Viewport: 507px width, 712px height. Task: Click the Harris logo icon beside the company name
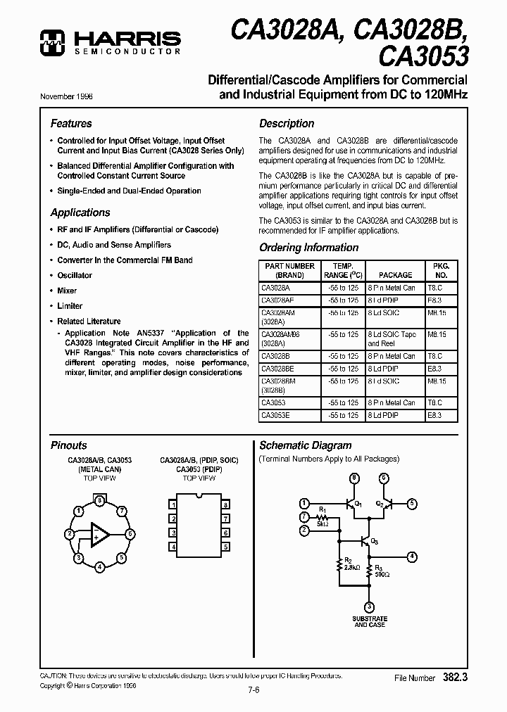click(x=51, y=43)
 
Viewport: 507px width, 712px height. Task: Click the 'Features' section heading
click(x=71, y=123)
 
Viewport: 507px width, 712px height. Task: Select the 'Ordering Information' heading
click(x=308, y=248)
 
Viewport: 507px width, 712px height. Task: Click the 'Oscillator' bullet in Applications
click(x=75, y=275)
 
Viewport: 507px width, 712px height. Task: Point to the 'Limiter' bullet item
click(x=70, y=306)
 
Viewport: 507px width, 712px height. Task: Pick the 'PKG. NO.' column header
click(x=440, y=270)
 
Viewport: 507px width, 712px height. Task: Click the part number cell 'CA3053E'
click(x=275, y=416)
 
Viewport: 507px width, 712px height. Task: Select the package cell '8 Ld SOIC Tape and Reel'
click(x=392, y=339)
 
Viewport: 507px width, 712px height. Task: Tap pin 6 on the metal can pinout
click(x=130, y=534)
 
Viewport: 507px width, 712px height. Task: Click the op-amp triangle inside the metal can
click(x=99, y=535)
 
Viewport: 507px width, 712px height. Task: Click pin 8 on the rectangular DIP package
click(x=225, y=505)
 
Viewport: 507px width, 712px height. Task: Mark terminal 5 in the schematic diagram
click(x=413, y=503)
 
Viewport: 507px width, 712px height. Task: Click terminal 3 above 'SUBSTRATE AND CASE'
click(x=369, y=606)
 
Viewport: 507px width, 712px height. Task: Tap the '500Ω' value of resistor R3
click(x=380, y=574)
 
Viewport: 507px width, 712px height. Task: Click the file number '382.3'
click(x=456, y=678)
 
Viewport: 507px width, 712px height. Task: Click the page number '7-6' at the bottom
click(x=253, y=689)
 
